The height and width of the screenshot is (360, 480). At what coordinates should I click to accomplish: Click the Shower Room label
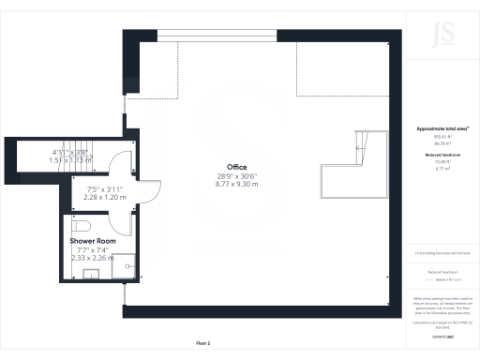(93, 241)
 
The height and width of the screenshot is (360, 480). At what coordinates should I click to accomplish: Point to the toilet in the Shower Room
(80, 226)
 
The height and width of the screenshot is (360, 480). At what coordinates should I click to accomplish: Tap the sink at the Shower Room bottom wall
(93, 274)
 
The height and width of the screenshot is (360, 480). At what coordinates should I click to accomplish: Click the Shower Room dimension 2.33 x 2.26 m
(93, 257)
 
